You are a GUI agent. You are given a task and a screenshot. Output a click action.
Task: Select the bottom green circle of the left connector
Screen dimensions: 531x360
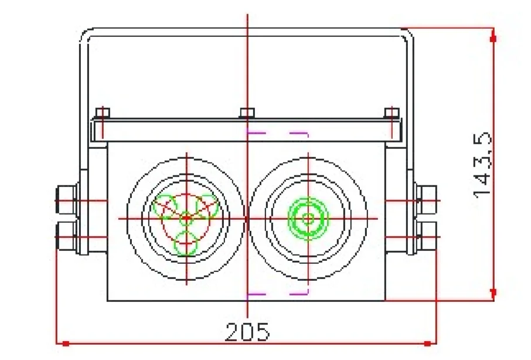(x=186, y=243)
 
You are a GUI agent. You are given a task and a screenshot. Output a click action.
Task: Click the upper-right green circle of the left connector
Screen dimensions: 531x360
(x=207, y=206)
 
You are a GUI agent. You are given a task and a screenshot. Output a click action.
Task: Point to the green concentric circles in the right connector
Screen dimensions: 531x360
(x=308, y=219)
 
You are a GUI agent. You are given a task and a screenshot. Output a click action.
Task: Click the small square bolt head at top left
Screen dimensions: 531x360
(x=103, y=113)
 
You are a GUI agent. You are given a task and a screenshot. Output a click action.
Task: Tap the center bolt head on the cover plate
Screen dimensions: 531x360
(x=247, y=113)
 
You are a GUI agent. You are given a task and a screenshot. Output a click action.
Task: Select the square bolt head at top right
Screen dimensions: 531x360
(x=392, y=113)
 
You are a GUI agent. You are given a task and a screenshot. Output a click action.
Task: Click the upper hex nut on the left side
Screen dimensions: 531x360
(x=66, y=200)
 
